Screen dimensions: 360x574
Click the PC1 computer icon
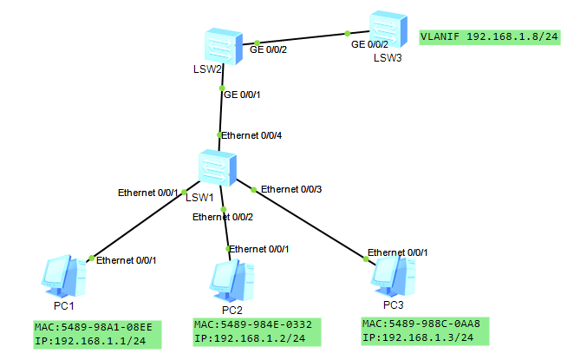[x=65, y=277]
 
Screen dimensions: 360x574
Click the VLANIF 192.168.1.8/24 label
[x=488, y=38]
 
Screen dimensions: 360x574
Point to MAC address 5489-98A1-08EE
[x=94, y=326]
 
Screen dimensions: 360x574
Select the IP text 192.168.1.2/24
[x=255, y=337]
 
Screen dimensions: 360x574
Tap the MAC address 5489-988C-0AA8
[x=421, y=324]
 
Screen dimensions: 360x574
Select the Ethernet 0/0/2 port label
[x=223, y=218]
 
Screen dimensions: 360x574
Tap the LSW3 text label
[x=388, y=58]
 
